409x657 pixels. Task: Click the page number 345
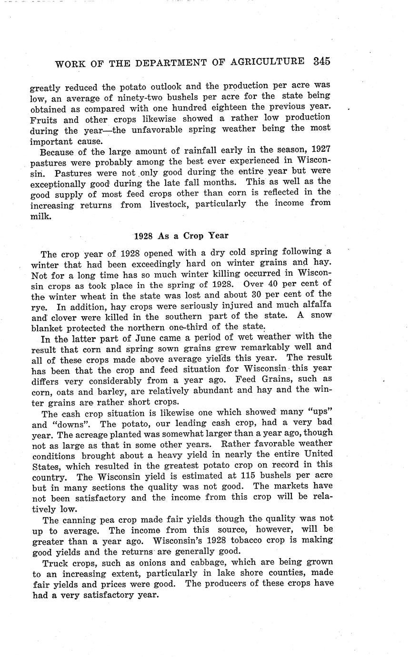coord(322,61)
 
